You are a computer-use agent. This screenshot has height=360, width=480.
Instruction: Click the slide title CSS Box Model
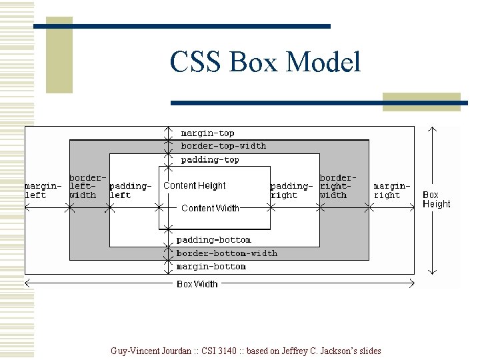click(265, 63)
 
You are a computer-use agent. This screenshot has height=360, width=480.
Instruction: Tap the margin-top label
click(207, 133)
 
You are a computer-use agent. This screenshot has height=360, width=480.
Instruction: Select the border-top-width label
click(223, 146)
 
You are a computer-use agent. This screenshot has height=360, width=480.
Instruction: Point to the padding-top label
click(210, 160)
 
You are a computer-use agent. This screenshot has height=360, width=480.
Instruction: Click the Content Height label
click(195, 186)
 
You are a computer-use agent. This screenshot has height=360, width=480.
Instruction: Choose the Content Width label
click(210, 208)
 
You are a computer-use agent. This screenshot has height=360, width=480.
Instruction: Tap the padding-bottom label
click(213, 240)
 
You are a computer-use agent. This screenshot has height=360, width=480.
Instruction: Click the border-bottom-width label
click(227, 253)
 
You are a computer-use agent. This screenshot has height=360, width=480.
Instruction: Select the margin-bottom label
click(211, 267)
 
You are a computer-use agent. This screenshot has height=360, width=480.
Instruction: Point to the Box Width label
click(197, 284)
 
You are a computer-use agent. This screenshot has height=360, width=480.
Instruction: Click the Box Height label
click(436, 200)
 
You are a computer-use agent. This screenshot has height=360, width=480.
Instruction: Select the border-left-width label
click(86, 187)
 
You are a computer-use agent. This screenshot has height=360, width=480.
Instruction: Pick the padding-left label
click(129, 191)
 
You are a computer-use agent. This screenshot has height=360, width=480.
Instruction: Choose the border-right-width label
click(336, 187)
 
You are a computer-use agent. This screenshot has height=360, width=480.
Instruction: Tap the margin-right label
click(391, 191)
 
